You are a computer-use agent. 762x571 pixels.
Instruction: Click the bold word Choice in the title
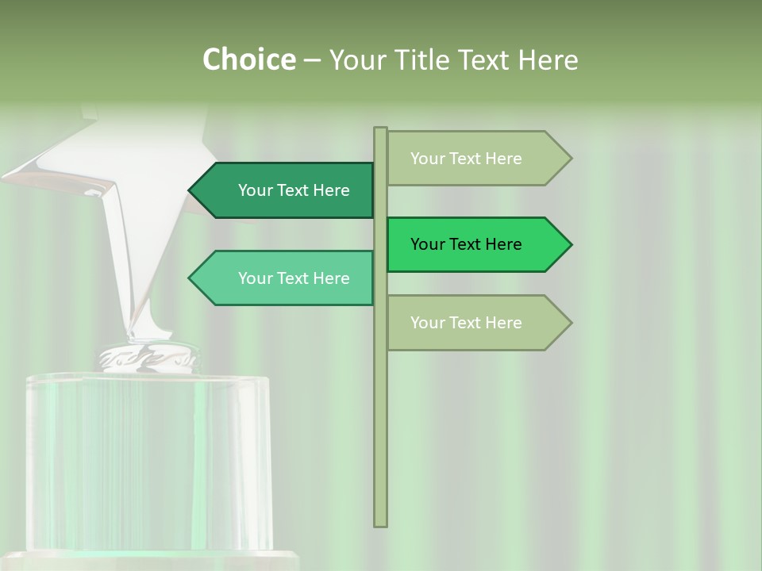click(x=248, y=59)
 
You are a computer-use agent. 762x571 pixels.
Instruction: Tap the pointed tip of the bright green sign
click(x=569, y=244)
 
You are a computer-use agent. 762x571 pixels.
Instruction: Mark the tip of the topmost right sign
click(x=569, y=159)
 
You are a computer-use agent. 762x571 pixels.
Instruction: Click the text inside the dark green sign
click(x=294, y=190)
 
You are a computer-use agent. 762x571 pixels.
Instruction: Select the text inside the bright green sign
click(x=466, y=244)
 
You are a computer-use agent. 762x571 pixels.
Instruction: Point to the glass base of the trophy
click(x=147, y=460)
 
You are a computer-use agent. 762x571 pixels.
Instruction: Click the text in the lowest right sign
click(x=466, y=323)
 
